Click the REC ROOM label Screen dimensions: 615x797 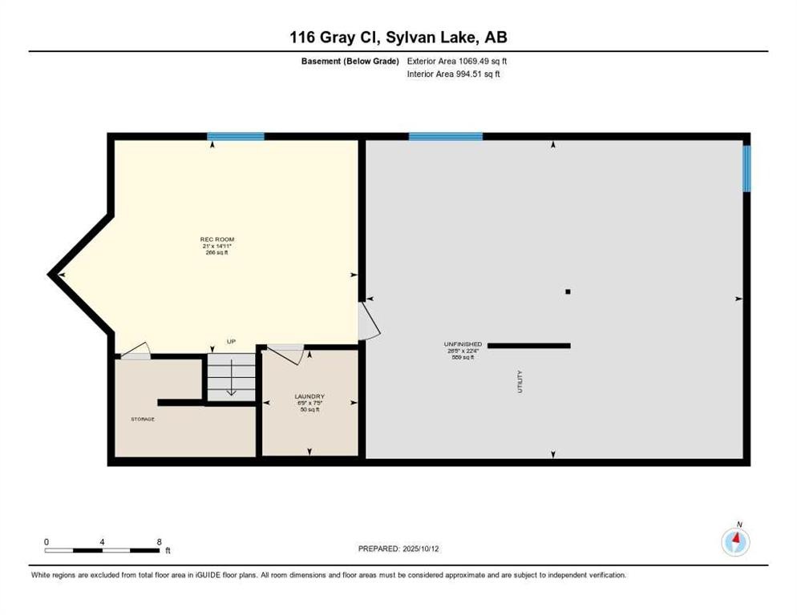click(x=216, y=239)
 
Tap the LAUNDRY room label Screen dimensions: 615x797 click(x=309, y=396)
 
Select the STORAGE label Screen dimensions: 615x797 click(x=143, y=419)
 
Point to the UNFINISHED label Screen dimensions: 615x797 click(x=464, y=344)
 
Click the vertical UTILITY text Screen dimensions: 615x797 click(x=520, y=381)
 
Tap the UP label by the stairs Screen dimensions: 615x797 click(x=231, y=342)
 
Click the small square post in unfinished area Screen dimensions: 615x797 click(x=568, y=291)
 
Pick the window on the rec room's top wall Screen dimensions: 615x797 click(x=236, y=137)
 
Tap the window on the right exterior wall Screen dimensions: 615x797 click(x=746, y=168)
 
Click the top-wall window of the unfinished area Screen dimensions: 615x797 click(x=445, y=137)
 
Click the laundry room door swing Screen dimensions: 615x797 click(x=285, y=352)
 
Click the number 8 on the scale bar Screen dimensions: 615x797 click(x=160, y=541)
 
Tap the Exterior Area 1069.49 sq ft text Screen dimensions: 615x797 click(x=458, y=60)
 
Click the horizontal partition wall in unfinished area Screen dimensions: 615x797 click(x=529, y=345)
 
